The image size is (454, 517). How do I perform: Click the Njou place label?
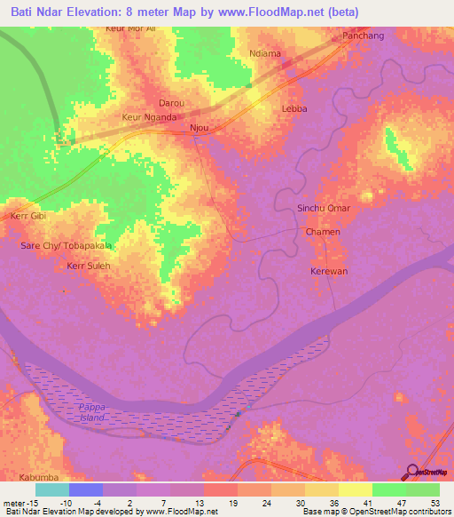pos(200,128)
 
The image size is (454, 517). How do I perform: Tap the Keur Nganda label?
pos(149,116)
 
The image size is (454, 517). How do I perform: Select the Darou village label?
pos(171,102)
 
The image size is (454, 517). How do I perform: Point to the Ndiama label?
pos(265,53)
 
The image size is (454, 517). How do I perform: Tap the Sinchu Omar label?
pos(324,208)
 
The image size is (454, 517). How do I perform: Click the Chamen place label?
pos(323,231)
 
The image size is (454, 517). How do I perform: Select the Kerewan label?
pos(328,270)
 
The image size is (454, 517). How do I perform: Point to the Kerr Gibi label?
pos(27,216)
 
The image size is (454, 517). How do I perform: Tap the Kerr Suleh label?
pos(87,265)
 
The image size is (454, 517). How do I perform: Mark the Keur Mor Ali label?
pos(130,28)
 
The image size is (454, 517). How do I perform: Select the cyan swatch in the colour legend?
pos(51,489)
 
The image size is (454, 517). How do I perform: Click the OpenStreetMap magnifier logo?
pos(411,471)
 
